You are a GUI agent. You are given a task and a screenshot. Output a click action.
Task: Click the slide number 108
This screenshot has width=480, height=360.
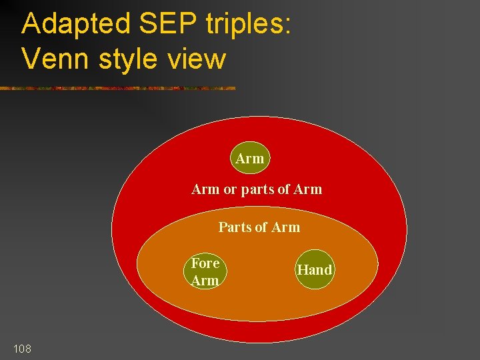coord(21,349)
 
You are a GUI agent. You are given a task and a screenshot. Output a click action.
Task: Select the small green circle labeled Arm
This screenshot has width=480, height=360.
coord(250,159)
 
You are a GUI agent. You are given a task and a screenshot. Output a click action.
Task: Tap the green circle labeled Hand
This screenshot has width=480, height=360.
coord(314,270)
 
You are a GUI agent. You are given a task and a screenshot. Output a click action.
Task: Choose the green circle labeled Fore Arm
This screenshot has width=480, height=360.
coord(205,272)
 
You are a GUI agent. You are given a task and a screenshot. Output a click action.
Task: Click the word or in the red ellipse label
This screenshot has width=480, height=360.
coord(230,189)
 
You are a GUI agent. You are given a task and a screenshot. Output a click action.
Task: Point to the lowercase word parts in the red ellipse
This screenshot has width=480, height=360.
coord(257,189)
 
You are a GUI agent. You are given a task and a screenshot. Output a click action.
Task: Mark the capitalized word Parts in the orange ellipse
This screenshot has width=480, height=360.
coord(235,227)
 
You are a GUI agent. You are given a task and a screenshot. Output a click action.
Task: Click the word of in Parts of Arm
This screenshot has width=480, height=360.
coord(261,227)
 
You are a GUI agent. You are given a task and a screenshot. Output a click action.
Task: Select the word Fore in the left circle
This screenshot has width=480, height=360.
coord(205,263)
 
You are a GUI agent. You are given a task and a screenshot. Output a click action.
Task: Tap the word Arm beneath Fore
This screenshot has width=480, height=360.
coord(205,281)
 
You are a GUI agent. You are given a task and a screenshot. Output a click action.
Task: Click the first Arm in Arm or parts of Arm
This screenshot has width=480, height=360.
coord(205,189)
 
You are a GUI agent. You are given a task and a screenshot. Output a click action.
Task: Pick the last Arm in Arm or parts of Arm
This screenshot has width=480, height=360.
coord(307,189)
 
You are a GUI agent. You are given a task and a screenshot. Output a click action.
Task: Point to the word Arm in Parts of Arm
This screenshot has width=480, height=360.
coord(285,227)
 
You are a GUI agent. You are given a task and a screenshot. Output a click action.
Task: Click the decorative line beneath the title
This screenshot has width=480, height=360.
coord(117,88)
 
